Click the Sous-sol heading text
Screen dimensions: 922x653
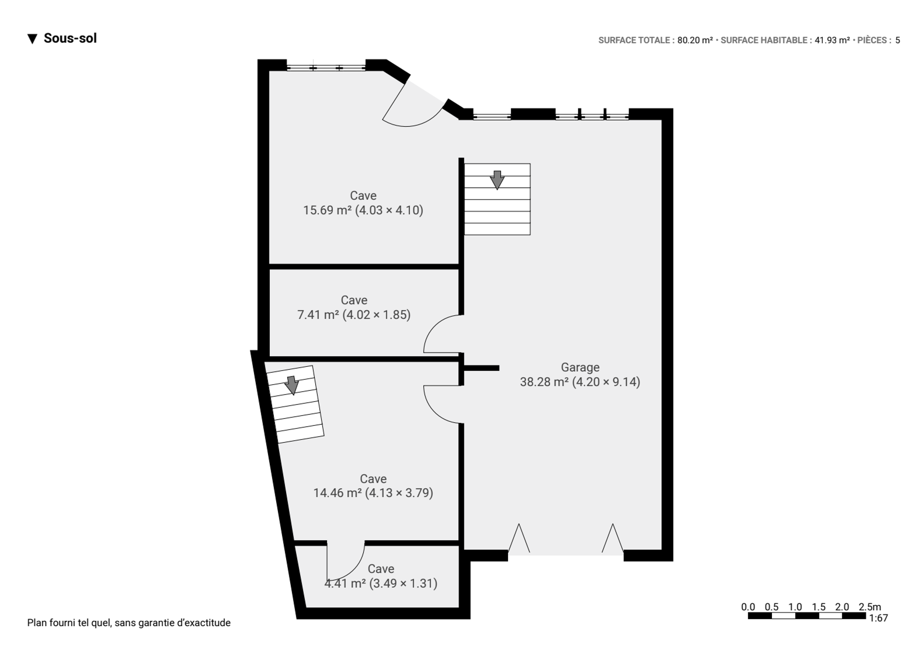pyautogui.click(x=70, y=38)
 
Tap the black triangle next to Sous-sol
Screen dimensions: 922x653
pyautogui.click(x=32, y=39)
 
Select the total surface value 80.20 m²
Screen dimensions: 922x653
pyautogui.click(x=695, y=40)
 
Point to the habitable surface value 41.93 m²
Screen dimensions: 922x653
pyautogui.click(x=832, y=40)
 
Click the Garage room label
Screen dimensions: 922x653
pyautogui.click(x=580, y=367)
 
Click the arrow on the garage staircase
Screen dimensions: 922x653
pyautogui.click(x=497, y=180)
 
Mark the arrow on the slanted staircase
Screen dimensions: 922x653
pyautogui.click(x=292, y=385)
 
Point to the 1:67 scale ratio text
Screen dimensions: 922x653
pyautogui.click(x=878, y=618)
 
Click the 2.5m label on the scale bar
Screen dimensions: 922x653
pyautogui.click(x=870, y=607)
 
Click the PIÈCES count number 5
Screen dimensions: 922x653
pyautogui.click(x=898, y=40)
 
